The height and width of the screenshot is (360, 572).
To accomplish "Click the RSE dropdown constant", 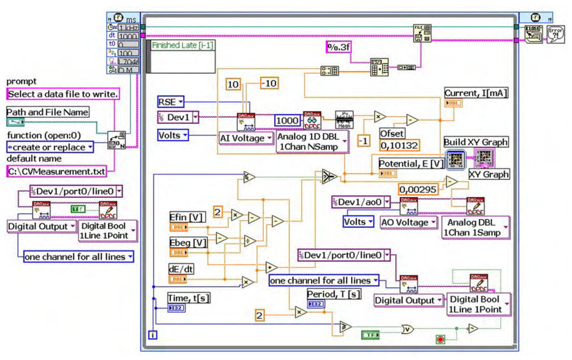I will pyautogui.click(x=170, y=102).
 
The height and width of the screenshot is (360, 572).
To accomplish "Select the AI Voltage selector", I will pyautogui.click(x=244, y=138).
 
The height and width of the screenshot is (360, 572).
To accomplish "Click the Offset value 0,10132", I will pyautogui.click(x=399, y=145).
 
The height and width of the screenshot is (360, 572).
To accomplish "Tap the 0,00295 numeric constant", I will pyautogui.click(x=417, y=190).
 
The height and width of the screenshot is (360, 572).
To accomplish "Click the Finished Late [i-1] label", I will pyautogui.click(x=180, y=46).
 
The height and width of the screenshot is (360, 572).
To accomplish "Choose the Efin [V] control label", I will pyautogui.click(x=187, y=217).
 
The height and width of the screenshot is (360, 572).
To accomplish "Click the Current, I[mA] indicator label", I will pyautogui.click(x=476, y=93).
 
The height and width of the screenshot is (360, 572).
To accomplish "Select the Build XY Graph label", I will pyautogui.click(x=476, y=142).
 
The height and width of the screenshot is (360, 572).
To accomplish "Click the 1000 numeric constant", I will pyautogui.click(x=288, y=120).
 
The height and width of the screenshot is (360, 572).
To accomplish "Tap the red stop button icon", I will pyautogui.click(x=441, y=339).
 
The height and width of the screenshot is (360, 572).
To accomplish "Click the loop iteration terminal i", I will pyautogui.click(x=151, y=335).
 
